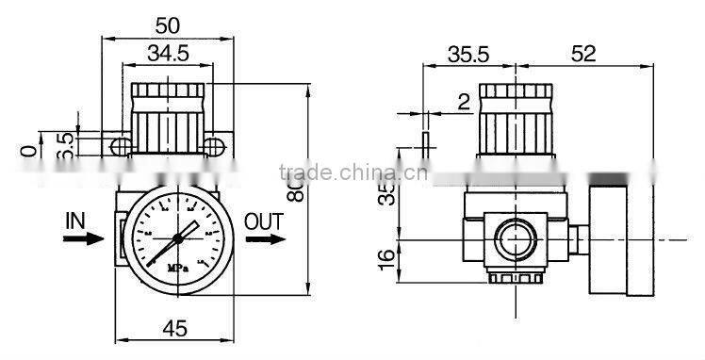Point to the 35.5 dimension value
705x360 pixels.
468,54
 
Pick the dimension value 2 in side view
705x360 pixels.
463,102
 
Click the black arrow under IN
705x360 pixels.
82,239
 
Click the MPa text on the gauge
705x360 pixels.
175,266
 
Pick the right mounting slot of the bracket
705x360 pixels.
215,144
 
